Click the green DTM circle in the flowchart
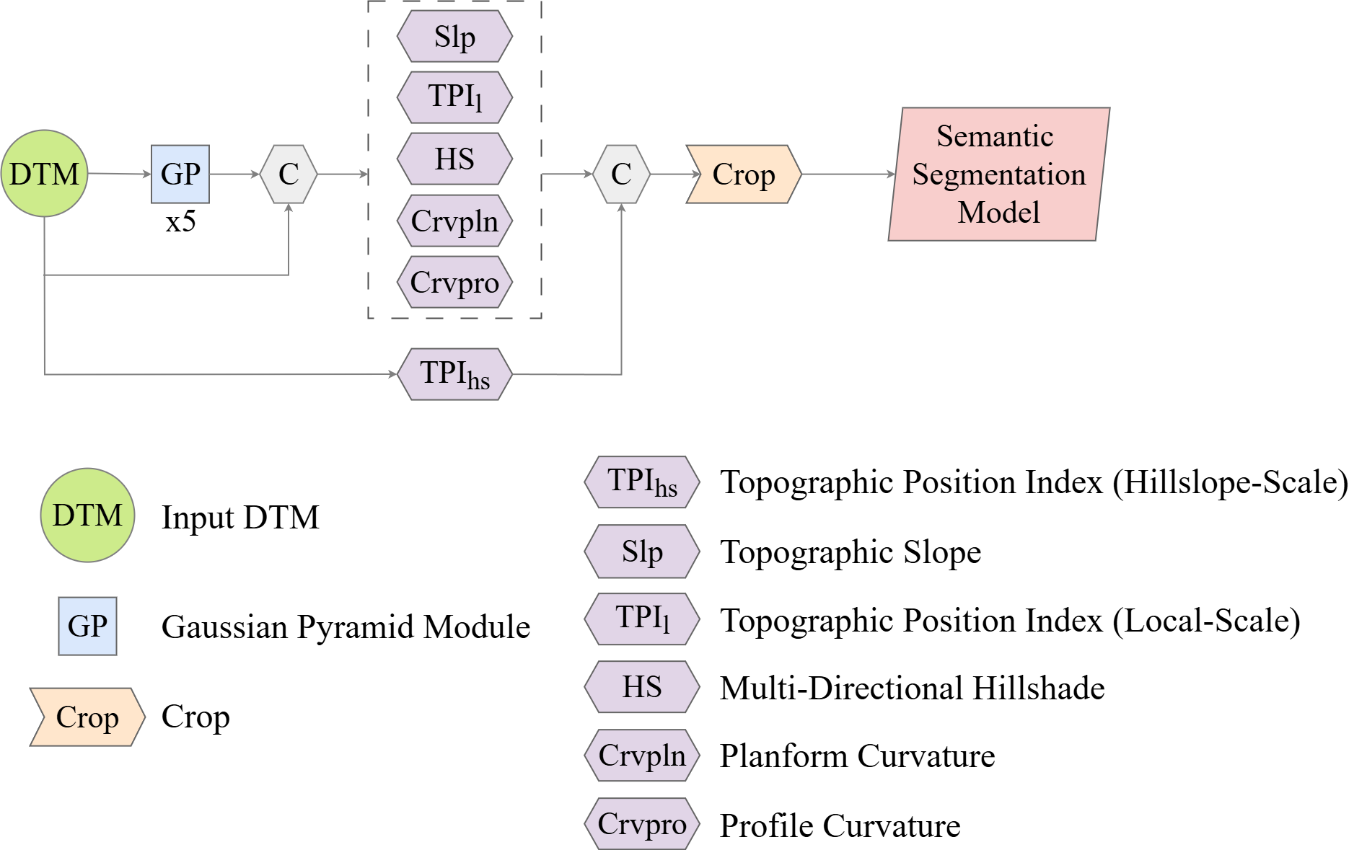(x=45, y=174)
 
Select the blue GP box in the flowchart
(x=180, y=174)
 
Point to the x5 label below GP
(x=180, y=221)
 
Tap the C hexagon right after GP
(x=289, y=174)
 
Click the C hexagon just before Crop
(x=621, y=174)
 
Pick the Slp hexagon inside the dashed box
(x=454, y=37)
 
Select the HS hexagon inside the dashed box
(x=454, y=159)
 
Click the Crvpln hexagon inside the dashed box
(x=454, y=221)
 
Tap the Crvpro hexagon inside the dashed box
(x=454, y=282)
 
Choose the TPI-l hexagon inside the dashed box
(x=454, y=97)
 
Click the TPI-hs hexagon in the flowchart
(x=454, y=374)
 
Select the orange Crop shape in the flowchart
(x=744, y=174)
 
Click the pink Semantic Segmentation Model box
(x=998, y=174)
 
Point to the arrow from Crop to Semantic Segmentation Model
(x=848, y=174)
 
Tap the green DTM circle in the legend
(x=87, y=515)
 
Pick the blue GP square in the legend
(x=87, y=626)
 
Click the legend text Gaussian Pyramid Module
(x=346, y=627)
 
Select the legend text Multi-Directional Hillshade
(x=912, y=688)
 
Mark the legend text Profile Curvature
(x=840, y=825)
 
